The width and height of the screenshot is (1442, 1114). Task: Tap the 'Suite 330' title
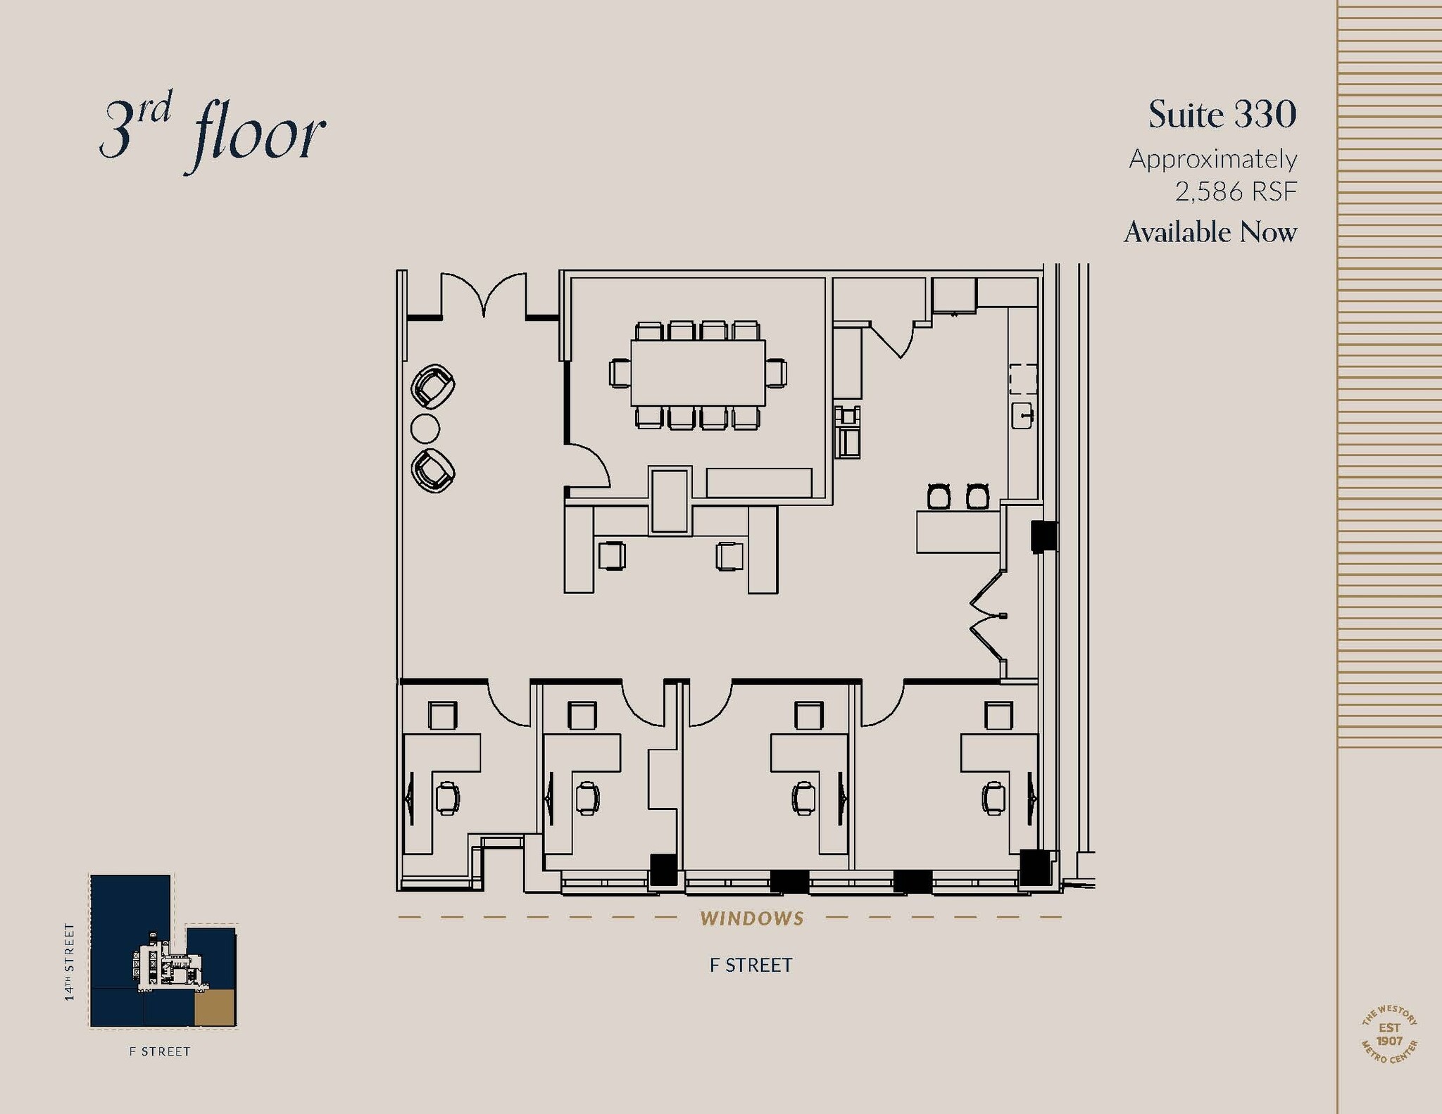1222,115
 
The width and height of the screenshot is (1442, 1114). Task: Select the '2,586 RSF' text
1236,191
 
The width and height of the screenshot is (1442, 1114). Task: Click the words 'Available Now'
1210,232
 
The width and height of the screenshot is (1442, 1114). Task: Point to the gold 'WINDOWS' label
752,918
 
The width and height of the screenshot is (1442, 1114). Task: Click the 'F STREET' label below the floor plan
751,966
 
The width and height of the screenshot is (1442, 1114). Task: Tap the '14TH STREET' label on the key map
69,962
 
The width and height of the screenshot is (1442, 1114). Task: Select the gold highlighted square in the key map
214,1006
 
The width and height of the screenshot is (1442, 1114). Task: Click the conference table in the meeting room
697,373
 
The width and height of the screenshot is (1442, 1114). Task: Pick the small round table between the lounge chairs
425,428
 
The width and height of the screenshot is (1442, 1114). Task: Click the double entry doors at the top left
484,296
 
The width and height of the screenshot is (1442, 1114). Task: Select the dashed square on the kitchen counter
1022,379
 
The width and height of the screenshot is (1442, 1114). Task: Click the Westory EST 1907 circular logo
1389,1034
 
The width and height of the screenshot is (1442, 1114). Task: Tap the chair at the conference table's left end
620,373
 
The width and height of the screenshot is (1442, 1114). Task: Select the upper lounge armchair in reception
433,386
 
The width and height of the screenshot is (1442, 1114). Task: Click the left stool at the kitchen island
940,496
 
